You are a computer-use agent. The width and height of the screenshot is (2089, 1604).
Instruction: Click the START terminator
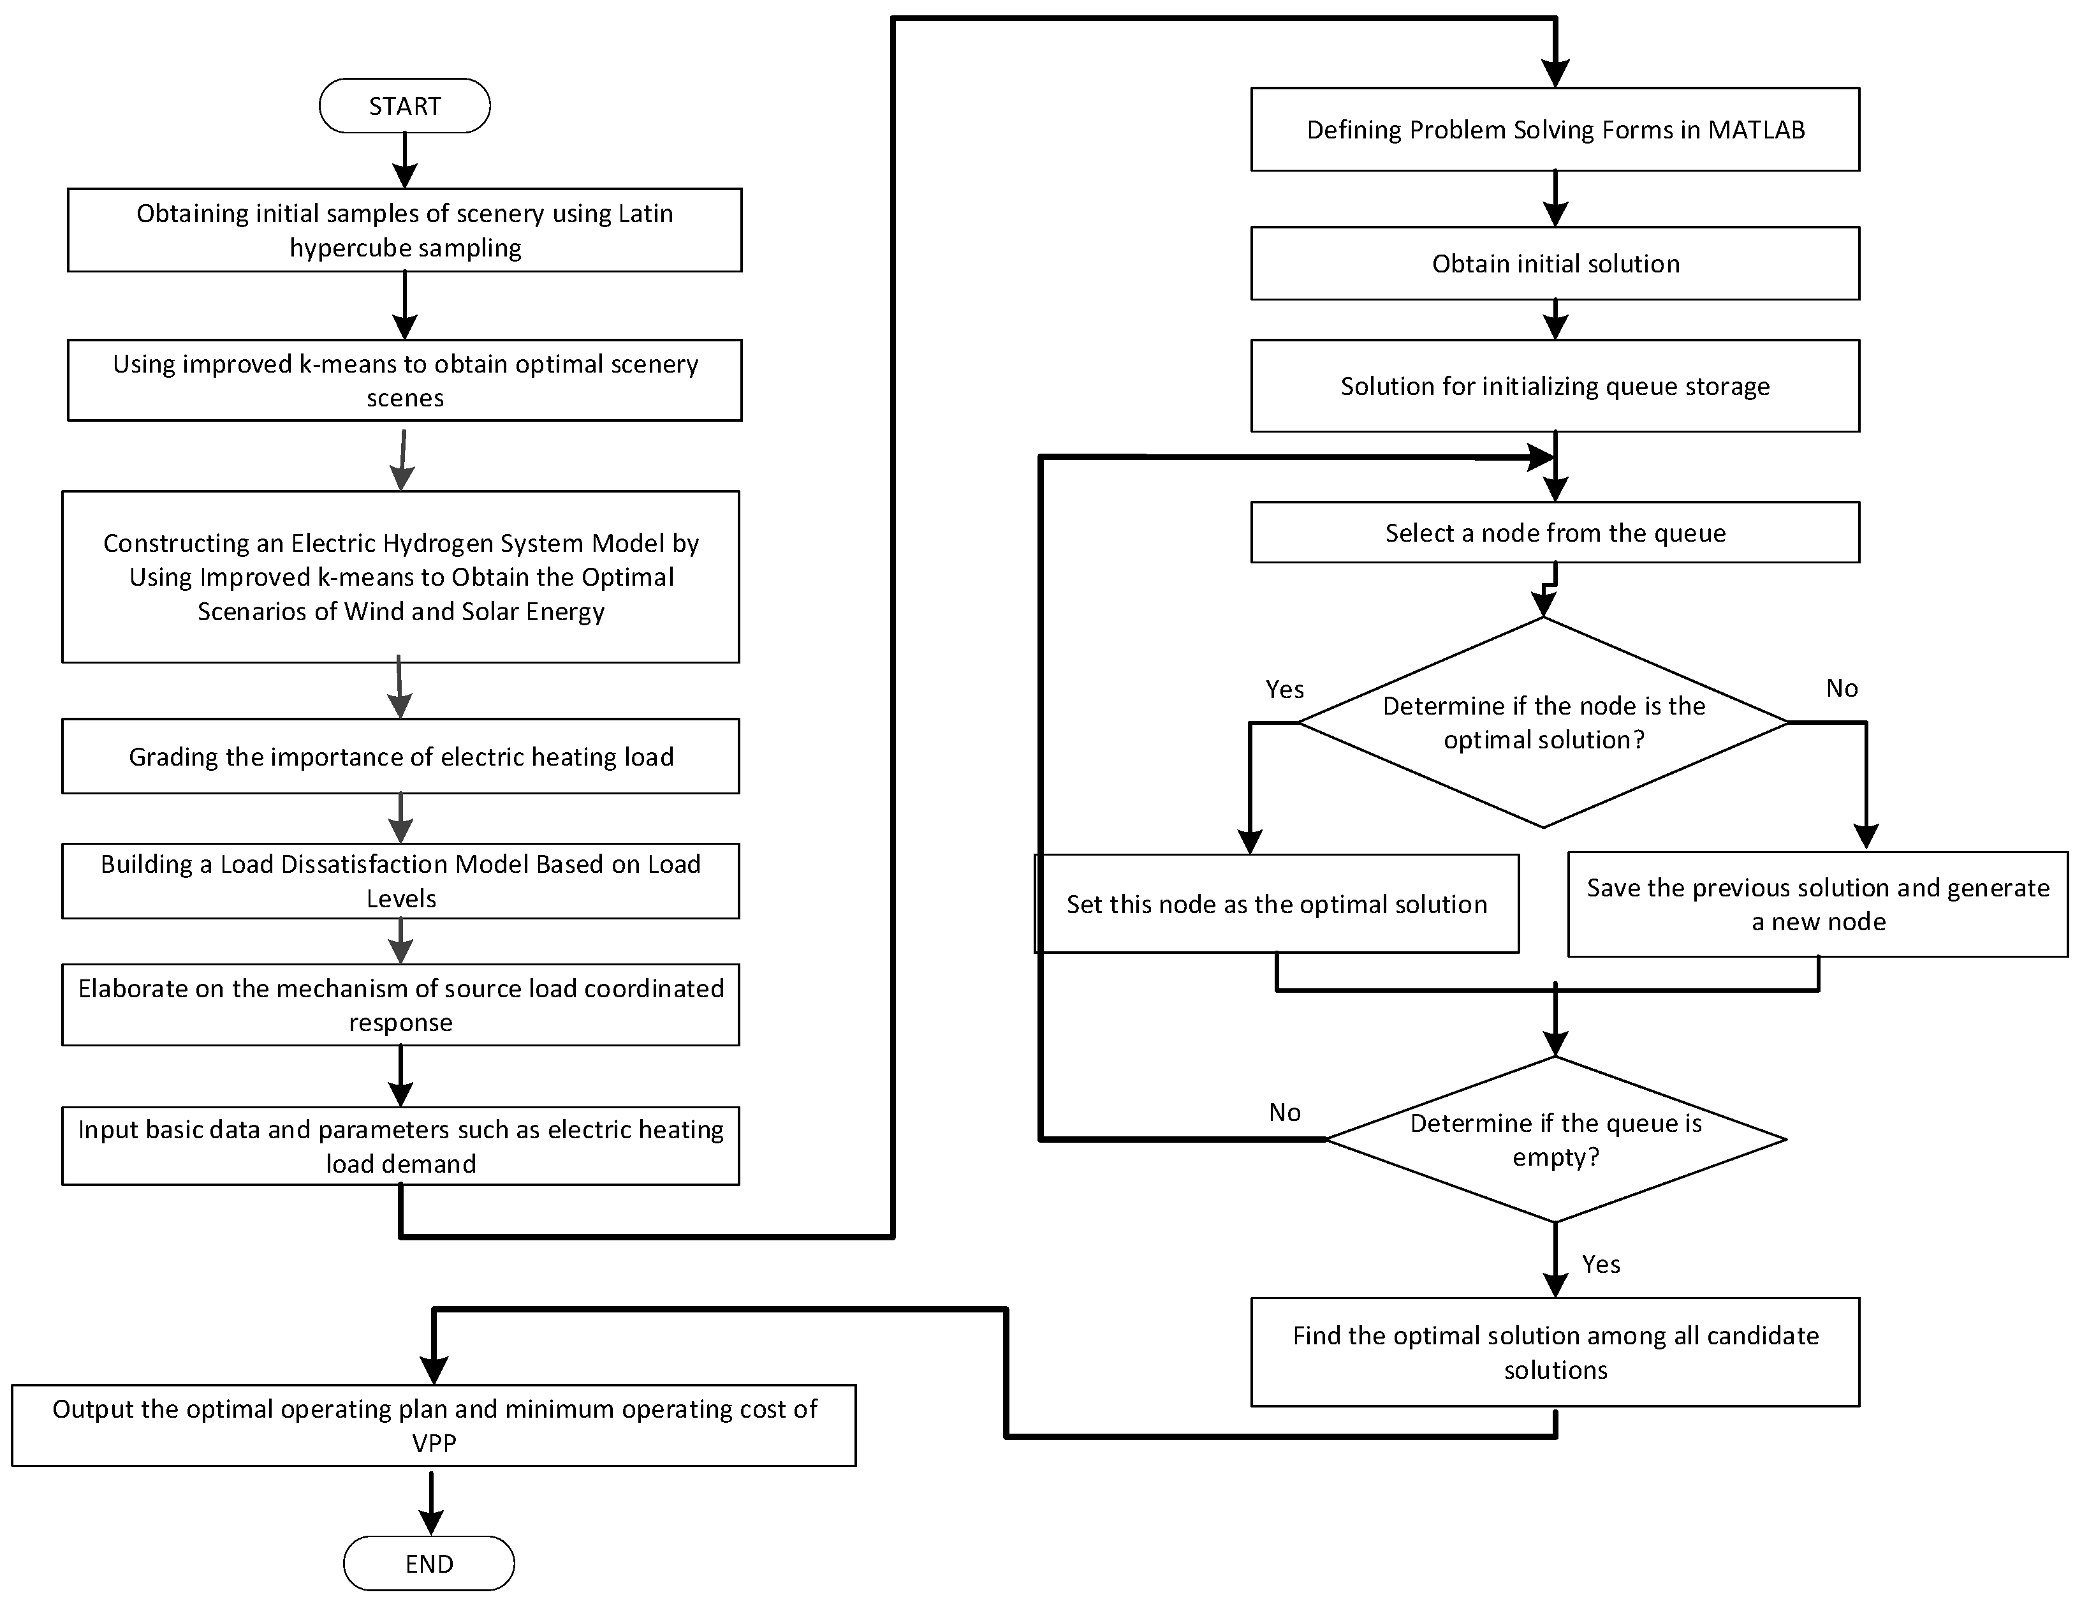pyautogui.click(x=405, y=106)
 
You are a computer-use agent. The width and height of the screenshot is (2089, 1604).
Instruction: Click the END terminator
pyautogui.click(x=429, y=1563)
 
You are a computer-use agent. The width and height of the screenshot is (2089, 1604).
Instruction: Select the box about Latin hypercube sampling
pyautogui.click(x=405, y=230)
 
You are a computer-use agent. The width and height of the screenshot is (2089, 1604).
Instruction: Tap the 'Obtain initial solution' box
pyautogui.click(x=1555, y=264)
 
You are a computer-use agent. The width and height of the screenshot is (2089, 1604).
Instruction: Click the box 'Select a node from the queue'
pyautogui.click(x=1555, y=533)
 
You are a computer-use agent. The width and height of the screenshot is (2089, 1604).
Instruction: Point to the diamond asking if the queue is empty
pyautogui.click(x=1555, y=1139)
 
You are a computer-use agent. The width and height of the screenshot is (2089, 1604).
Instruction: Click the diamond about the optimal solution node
pyautogui.click(x=1543, y=723)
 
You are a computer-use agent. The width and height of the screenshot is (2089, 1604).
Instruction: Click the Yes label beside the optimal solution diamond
pyautogui.click(x=1284, y=689)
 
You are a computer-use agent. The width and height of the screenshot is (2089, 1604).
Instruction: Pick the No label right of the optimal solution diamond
pyautogui.click(x=1841, y=688)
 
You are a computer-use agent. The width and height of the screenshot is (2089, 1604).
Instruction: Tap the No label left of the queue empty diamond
pyautogui.click(x=1284, y=1112)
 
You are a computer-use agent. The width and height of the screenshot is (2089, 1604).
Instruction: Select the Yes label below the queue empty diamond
pyautogui.click(x=1601, y=1264)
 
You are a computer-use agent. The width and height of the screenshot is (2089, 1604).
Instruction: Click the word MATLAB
pyautogui.click(x=1756, y=130)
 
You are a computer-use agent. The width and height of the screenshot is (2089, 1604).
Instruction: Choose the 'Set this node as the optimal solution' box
pyautogui.click(x=1277, y=904)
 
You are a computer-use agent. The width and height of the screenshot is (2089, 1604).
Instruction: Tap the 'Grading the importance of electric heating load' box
pyautogui.click(x=401, y=756)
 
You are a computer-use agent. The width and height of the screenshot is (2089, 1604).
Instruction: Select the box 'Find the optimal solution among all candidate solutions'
pyautogui.click(x=1555, y=1352)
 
